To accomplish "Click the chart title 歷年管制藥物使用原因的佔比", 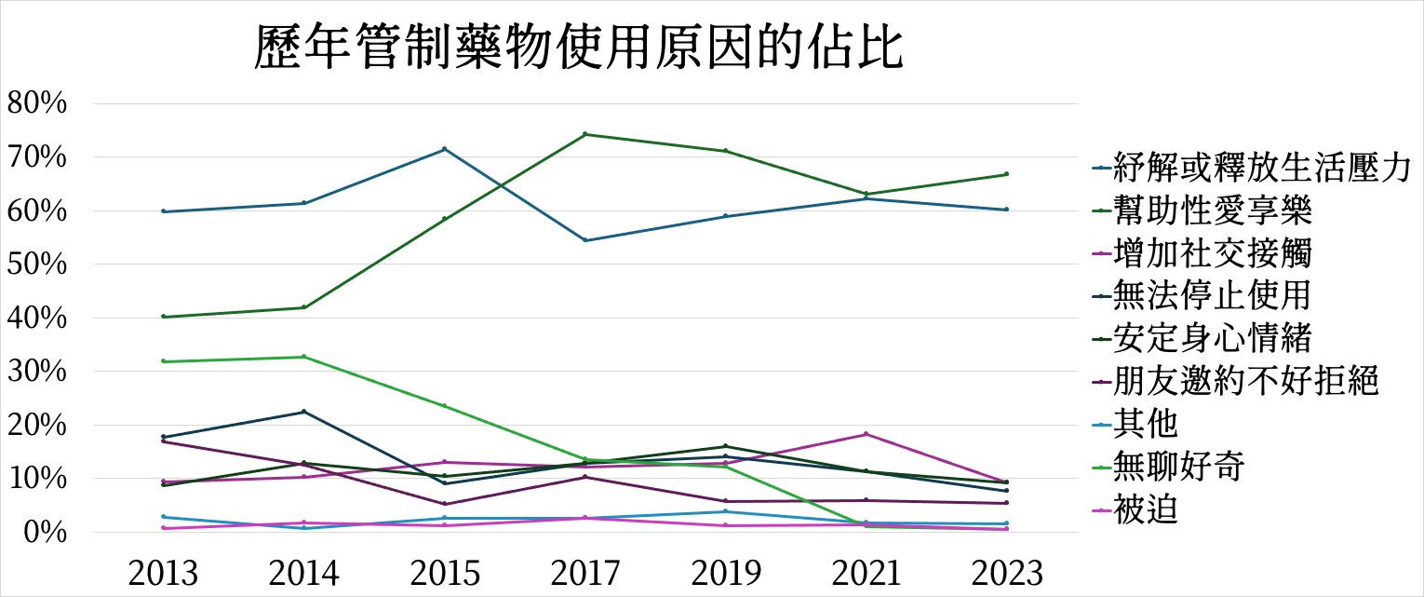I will (578, 49).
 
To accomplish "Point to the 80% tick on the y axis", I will (37, 103).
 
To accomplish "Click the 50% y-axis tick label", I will (37, 265).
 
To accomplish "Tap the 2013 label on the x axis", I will (164, 573).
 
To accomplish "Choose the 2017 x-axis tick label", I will (585, 573).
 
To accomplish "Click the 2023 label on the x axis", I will (1006, 573).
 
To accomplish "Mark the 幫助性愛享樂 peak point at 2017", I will (585, 134).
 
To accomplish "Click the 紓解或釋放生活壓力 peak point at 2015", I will (445, 149).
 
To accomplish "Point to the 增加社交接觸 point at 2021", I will (866, 434).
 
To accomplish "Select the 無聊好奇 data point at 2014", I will (304, 357).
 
